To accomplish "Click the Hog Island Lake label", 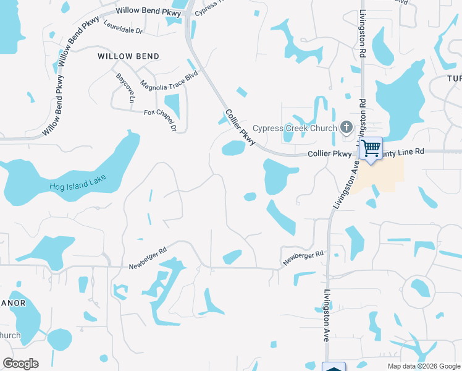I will click(78, 182).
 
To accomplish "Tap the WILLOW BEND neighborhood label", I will click(128, 56).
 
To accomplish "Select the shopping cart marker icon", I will click(371, 148).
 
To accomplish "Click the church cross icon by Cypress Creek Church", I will click(346, 128).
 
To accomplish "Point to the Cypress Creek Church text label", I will click(299, 128).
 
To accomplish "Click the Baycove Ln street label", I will click(125, 88).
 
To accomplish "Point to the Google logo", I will click(21, 363).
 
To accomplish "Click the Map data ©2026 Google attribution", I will click(423, 366).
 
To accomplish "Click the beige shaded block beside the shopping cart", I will click(386, 170).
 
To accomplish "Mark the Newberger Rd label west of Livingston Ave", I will click(148, 259).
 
